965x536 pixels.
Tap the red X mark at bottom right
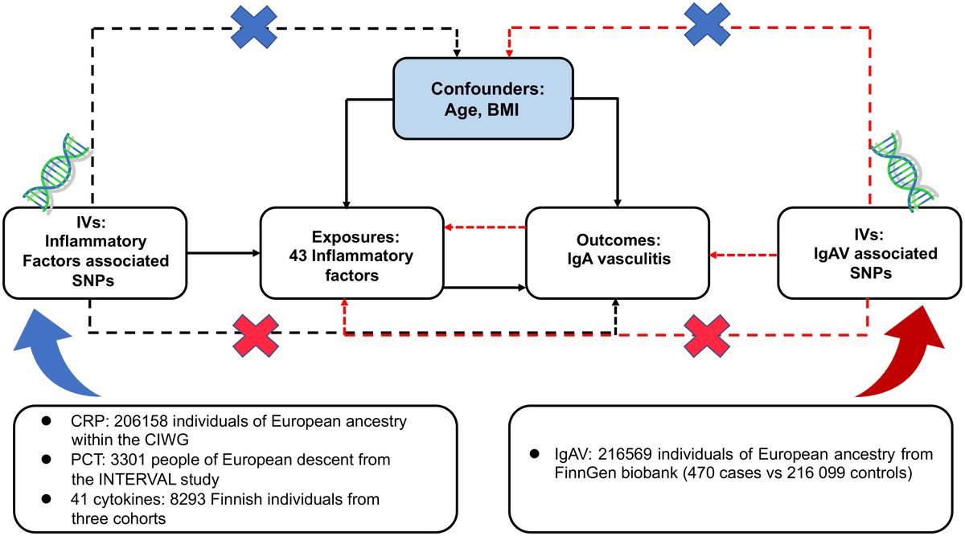tap(707, 335)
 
